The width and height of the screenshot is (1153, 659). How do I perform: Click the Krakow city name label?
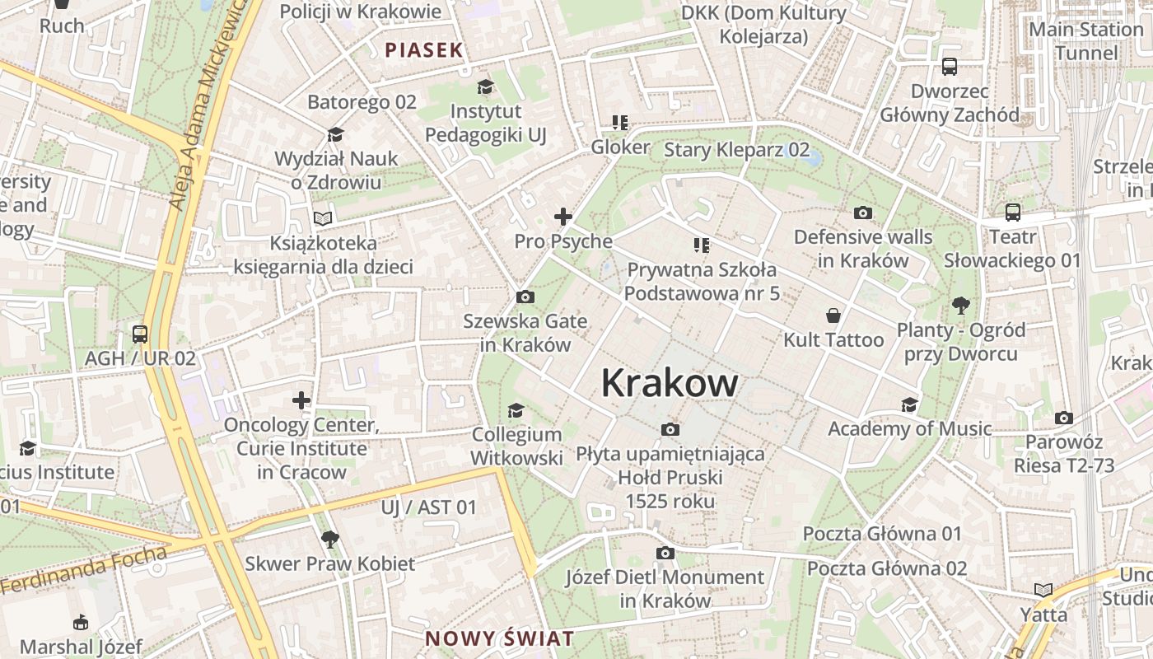[670, 383]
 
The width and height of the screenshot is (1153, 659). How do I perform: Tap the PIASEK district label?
[424, 49]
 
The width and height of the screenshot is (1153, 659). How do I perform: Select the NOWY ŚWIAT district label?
[499, 638]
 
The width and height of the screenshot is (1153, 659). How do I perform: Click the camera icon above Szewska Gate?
[525, 297]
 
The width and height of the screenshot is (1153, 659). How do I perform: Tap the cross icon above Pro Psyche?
[563, 217]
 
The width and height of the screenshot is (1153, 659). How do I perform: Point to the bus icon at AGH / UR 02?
[140, 334]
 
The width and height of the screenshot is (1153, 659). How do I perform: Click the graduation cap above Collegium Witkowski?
[516, 410]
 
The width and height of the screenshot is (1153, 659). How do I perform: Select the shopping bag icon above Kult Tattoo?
[833, 315]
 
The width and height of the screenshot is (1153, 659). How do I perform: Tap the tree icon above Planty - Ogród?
[960, 306]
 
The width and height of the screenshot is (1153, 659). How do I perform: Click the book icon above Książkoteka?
[323, 218]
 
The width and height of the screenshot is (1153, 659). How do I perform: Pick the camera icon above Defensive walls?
[863, 213]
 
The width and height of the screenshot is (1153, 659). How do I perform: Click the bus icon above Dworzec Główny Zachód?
[950, 66]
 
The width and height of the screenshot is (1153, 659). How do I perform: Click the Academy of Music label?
[909, 428]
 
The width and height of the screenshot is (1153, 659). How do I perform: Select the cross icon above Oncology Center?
[301, 400]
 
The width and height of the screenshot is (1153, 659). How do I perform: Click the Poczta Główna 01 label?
[882, 533]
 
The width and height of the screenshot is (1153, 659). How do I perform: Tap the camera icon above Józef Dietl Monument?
[665, 553]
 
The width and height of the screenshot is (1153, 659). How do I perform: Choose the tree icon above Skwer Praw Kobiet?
[329, 540]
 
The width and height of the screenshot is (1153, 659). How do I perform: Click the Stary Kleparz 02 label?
[736, 150]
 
